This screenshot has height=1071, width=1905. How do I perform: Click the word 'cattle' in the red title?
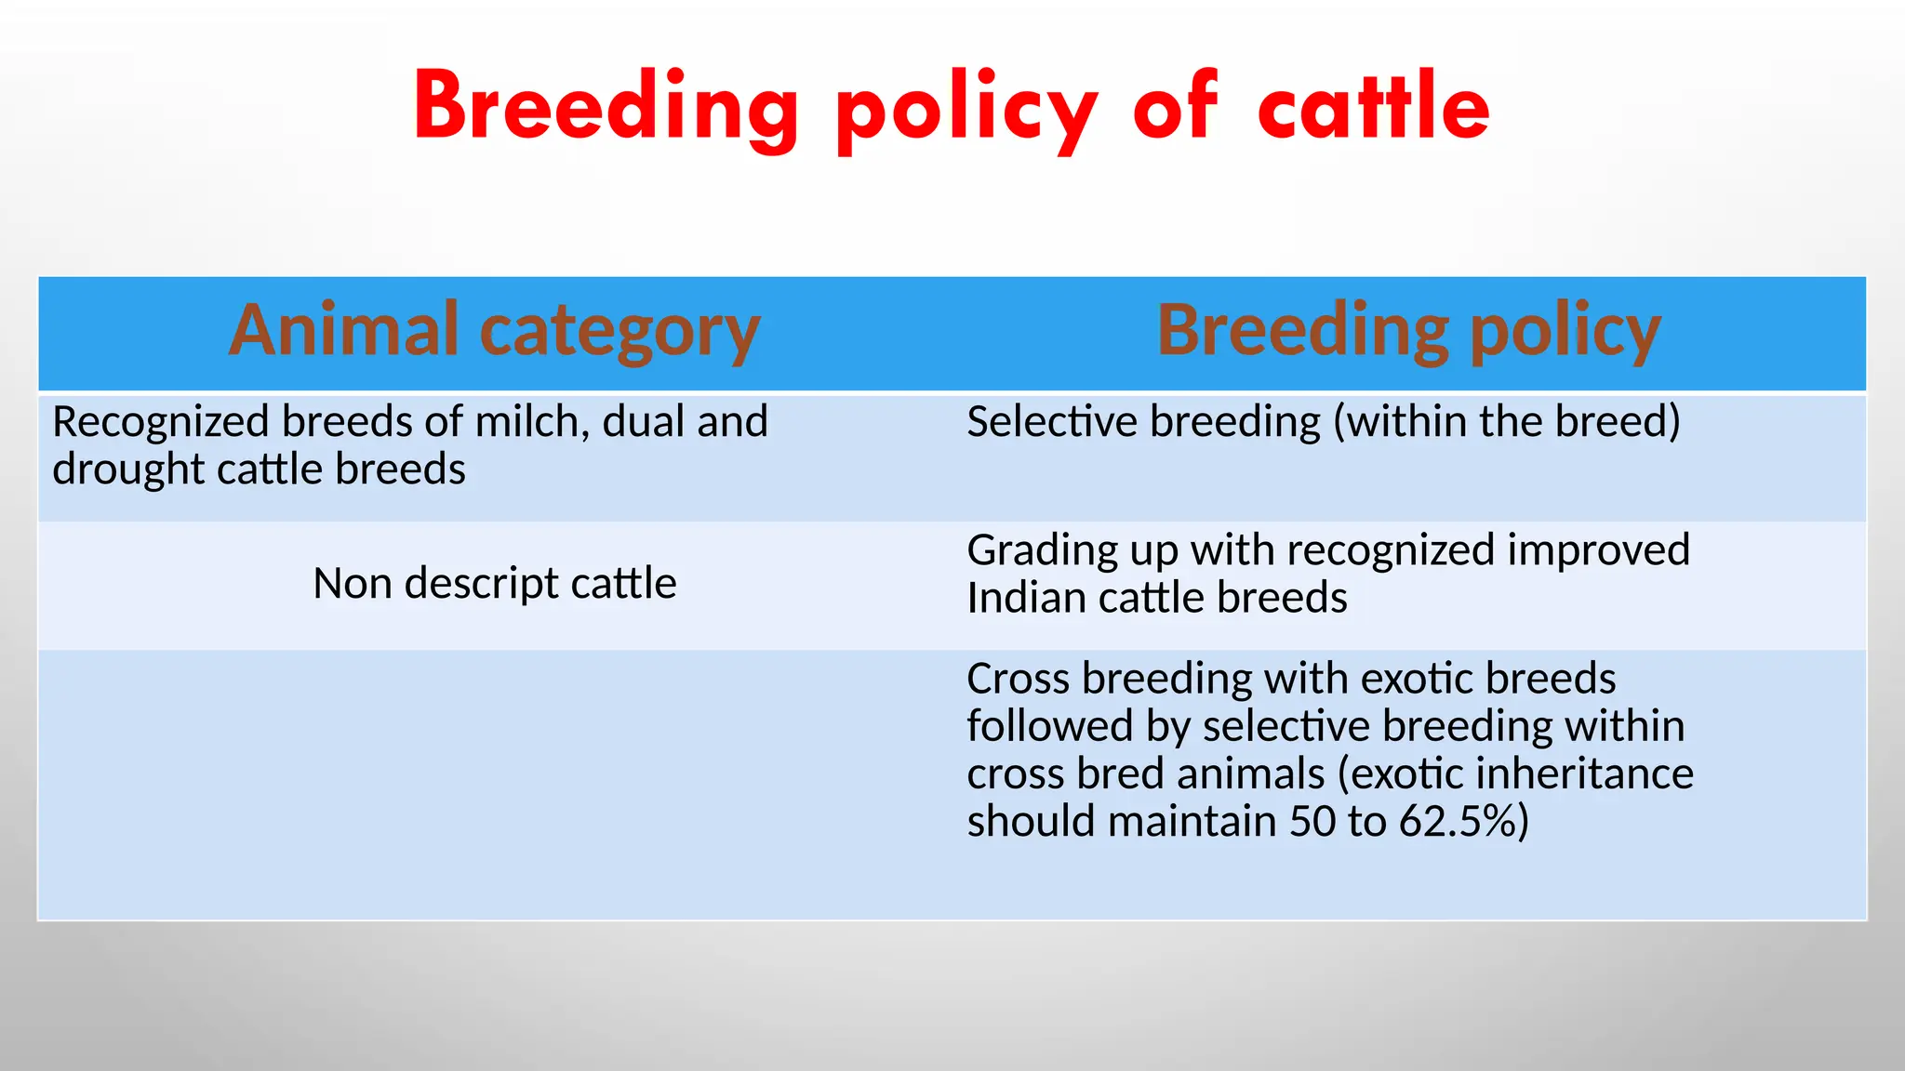tap(1373, 108)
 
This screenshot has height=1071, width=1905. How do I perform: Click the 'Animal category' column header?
tap(494, 331)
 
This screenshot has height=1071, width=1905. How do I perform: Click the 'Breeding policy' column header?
tap(1408, 331)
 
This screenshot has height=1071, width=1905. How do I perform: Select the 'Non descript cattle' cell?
tap(494, 584)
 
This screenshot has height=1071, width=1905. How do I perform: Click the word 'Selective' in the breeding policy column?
tap(1052, 422)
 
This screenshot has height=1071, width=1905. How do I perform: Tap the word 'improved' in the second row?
tap(1597, 550)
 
